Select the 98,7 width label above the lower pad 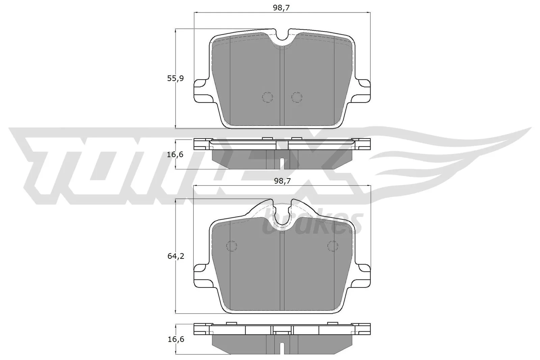click(282, 181)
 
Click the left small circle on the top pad click(267, 97)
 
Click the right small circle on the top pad click(297, 97)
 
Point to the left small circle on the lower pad click(232, 246)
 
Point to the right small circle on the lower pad click(333, 246)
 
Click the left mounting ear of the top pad click(201, 90)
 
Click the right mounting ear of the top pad click(363, 90)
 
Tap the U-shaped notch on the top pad click(282, 38)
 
